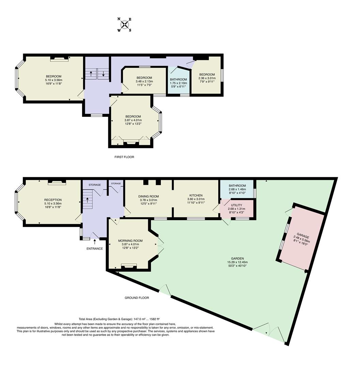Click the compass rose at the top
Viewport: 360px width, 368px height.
125,25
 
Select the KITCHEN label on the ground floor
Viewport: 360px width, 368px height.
196,195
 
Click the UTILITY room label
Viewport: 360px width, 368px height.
236,205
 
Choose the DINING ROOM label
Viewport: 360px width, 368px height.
148,196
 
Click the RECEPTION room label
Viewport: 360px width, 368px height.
53,200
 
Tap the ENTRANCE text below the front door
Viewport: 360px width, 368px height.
94,249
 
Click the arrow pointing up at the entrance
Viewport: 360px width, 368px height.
95,242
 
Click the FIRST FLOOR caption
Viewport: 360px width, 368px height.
124,157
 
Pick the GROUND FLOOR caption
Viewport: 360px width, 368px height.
137,297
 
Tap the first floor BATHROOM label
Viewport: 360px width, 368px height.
178,79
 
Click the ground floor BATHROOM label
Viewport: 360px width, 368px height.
237,186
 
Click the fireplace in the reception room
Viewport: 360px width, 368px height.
57,183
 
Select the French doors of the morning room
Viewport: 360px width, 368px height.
159,245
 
